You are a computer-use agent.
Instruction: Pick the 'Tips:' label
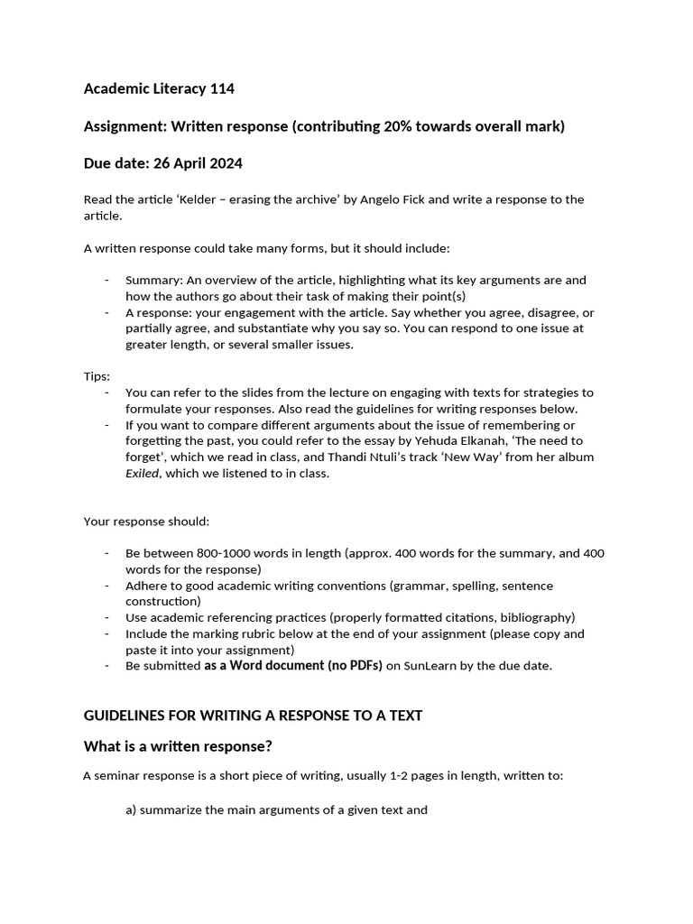(x=97, y=376)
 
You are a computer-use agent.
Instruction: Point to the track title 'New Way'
(x=511, y=457)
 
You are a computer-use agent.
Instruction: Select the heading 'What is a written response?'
(x=178, y=746)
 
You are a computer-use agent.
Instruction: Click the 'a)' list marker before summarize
(x=132, y=809)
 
